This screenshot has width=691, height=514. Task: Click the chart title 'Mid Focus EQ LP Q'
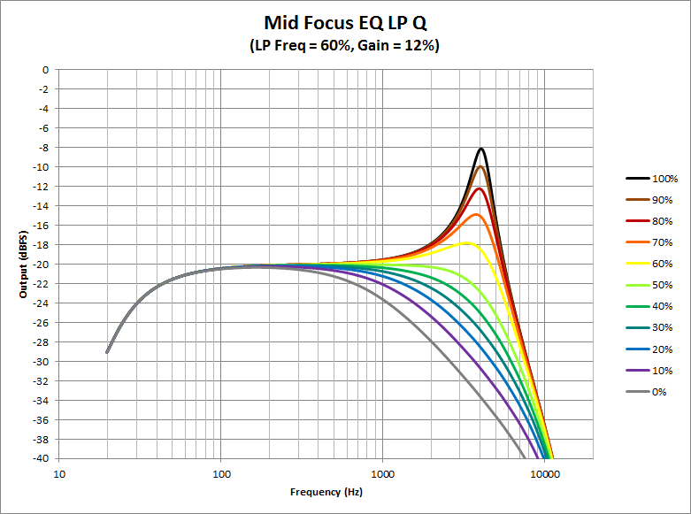point(345,22)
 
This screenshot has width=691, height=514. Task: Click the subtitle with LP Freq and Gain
point(345,45)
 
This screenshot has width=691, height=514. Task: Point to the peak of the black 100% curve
point(481,149)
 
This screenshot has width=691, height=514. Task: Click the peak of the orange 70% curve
point(477,214)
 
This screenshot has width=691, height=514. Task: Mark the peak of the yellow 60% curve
point(468,242)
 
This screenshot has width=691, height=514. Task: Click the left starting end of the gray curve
point(107,352)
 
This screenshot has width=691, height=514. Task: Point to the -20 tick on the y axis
point(41,264)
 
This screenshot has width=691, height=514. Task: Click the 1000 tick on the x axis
point(382,474)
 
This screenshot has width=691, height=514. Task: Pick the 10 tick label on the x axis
point(59,474)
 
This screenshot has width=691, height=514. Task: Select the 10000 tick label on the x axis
point(544,474)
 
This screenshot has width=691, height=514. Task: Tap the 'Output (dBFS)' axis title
point(24,264)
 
